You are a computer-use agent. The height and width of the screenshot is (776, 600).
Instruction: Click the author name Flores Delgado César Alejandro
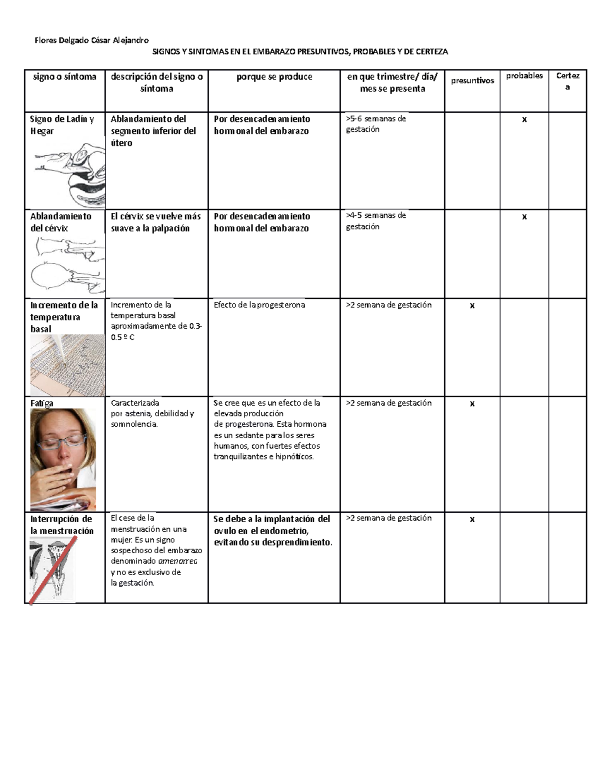pos(91,40)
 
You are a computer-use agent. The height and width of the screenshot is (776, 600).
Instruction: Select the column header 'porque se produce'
pos(274,77)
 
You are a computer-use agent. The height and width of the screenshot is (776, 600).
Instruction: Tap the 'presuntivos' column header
pos(472,80)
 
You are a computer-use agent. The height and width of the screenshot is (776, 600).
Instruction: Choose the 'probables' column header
pos(524,76)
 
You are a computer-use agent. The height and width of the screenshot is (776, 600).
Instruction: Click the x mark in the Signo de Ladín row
pos(524,119)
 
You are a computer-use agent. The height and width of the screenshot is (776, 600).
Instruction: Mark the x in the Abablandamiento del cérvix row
pos(524,217)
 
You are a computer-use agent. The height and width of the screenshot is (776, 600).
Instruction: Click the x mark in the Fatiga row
pos(472,404)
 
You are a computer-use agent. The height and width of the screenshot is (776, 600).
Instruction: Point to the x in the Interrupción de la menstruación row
pos(472,520)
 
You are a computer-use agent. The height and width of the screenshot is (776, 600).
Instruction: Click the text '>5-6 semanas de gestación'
pos(376,124)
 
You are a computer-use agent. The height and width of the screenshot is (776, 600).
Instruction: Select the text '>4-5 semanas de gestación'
pos(376,221)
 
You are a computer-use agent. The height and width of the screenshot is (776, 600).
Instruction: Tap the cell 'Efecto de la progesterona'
pos(259,305)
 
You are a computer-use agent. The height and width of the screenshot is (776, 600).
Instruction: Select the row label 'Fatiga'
pos(41,403)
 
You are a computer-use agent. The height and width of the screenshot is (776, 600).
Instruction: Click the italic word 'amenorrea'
pos(177,561)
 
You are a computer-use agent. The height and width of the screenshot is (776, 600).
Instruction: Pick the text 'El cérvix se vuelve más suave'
pos(155,222)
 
